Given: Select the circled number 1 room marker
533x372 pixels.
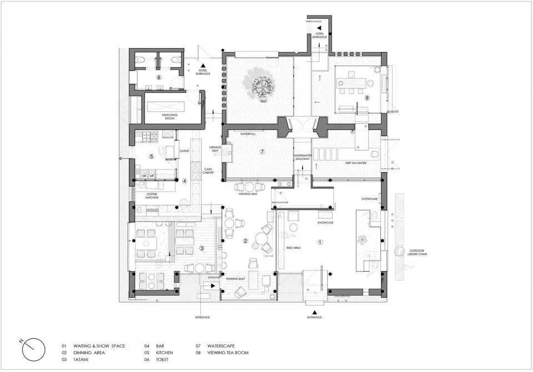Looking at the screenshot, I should point(320,242).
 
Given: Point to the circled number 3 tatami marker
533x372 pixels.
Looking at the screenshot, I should point(202,248).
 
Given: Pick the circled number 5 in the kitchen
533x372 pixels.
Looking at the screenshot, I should point(151,156).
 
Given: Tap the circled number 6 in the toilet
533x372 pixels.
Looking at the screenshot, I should point(159,77).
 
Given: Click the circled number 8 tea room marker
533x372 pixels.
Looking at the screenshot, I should point(367,98).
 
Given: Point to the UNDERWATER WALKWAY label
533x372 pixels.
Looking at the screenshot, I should point(302,159).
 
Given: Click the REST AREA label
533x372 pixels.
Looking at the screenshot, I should point(293,248).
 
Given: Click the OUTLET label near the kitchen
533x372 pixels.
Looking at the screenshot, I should point(185,150).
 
